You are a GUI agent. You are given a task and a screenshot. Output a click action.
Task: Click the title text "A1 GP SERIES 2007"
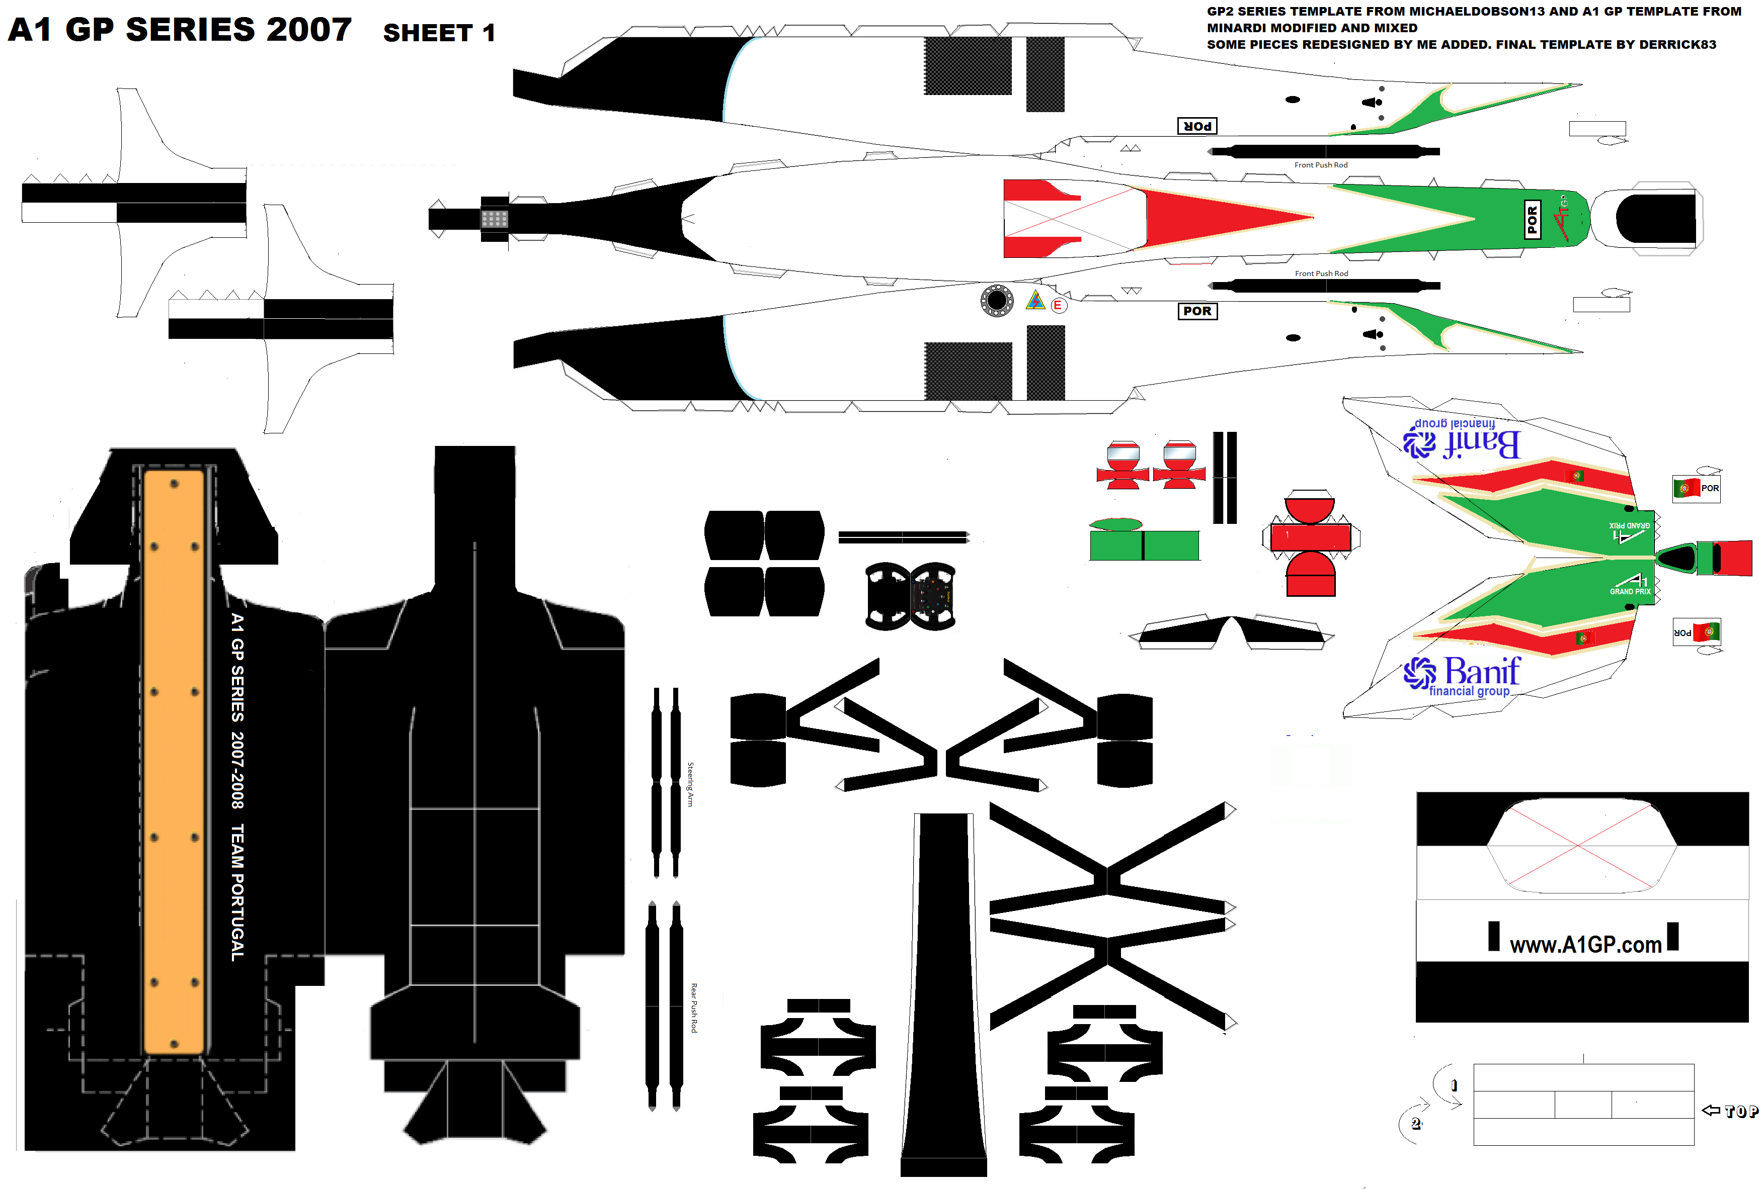[180, 30]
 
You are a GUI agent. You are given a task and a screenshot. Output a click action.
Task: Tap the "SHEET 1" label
[439, 33]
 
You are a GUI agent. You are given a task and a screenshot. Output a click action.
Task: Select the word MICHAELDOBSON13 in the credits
[1464, 12]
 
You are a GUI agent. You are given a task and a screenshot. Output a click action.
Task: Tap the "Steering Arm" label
[690, 784]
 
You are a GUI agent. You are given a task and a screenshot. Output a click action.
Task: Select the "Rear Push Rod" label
[693, 1008]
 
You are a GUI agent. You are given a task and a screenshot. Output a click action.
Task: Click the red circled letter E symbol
[1057, 305]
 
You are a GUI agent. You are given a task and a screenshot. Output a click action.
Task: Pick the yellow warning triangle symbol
[1035, 301]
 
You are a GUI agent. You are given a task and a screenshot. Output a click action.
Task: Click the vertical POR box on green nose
[1532, 219]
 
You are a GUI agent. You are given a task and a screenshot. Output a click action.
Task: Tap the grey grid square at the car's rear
[494, 219]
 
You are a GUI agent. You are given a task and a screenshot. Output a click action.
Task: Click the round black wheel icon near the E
[997, 301]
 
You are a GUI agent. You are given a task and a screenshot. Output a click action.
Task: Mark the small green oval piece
[1115, 524]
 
